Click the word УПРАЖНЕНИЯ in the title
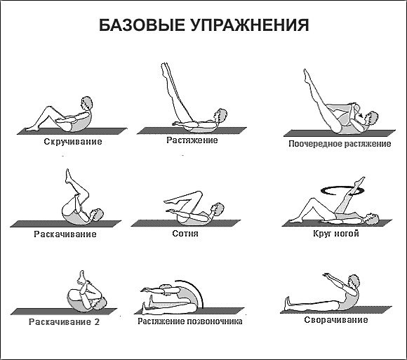(x=249, y=27)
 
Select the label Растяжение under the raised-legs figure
(x=192, y=140)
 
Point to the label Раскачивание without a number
(x=65, y=234)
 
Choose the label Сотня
(x=185, y=233)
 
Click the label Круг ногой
(x=335, y=233)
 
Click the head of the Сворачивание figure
(x=354, y=281)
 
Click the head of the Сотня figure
(x=218, y=208)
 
